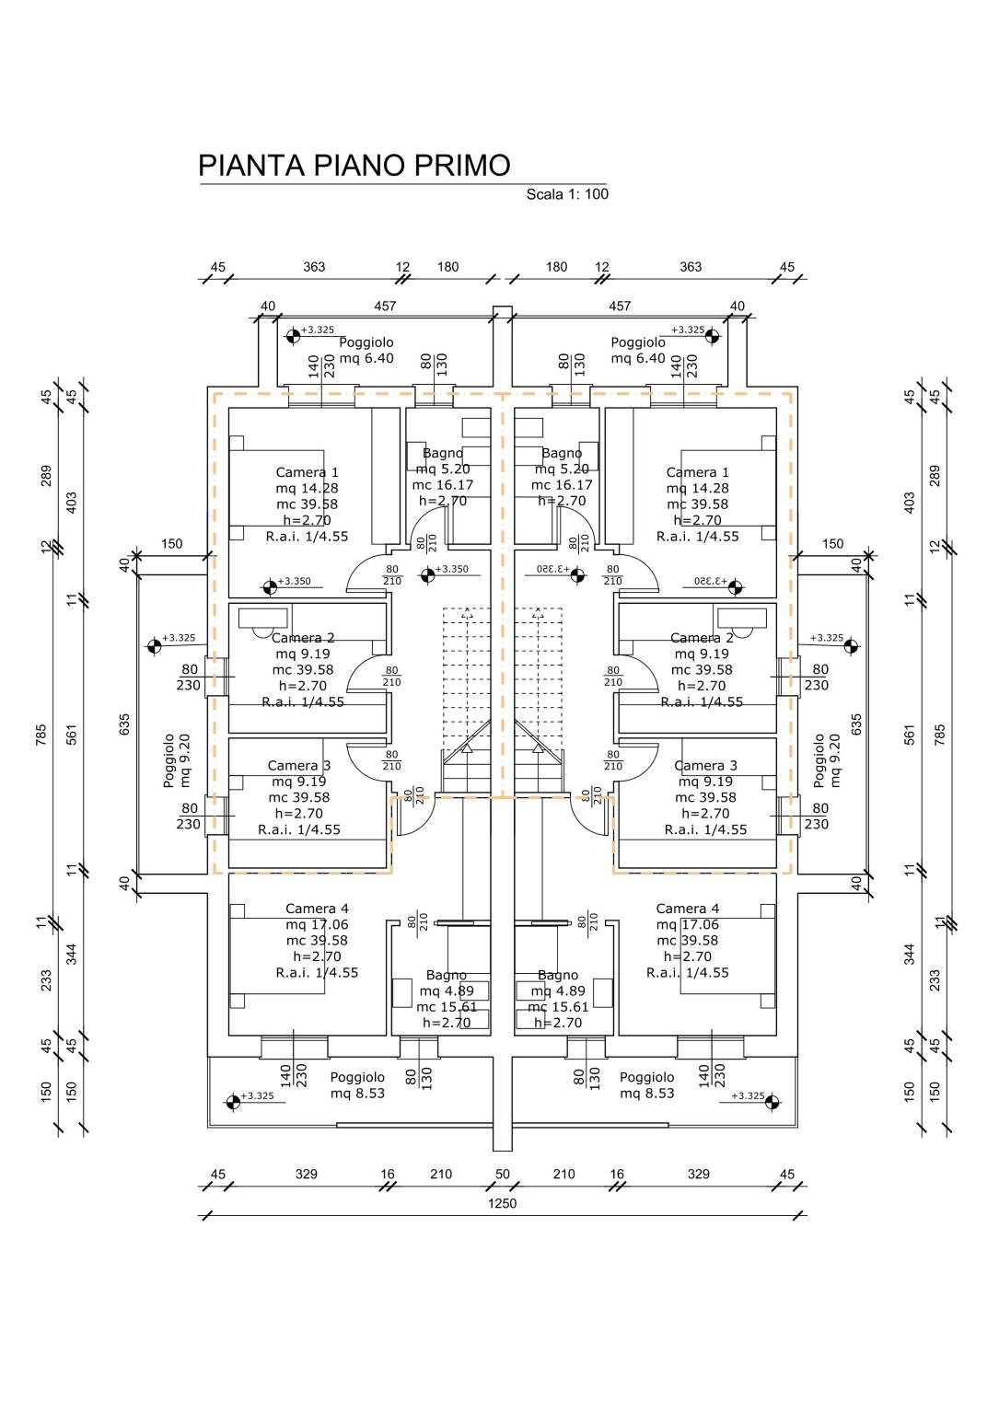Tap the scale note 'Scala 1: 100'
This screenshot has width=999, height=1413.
click(567, 194)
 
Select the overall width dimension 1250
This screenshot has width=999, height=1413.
click(503, 1203)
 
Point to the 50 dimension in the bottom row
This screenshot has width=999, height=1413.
click(503, 1174)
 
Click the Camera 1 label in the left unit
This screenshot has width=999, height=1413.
click(308, 472)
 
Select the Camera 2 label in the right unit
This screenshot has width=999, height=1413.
click(702, 638)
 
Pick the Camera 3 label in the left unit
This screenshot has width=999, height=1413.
click(299, 766)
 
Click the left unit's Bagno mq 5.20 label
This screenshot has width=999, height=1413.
click(443, 469)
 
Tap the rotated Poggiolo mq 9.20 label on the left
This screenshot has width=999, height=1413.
click(177, 760)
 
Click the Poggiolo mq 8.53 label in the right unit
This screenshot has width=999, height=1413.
click(646, 1085)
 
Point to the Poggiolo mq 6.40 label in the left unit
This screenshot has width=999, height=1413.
click(366, 350)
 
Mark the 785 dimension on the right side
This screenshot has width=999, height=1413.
click(940, 735)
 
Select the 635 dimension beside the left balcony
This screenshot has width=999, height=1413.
click(124, 724)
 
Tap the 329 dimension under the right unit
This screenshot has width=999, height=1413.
click(699, 1174)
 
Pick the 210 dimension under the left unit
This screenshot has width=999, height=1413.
click(441, 1174)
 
